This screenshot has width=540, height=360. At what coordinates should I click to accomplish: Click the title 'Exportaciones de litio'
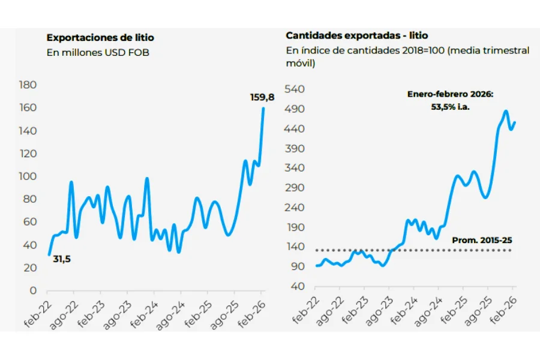click(100, 38)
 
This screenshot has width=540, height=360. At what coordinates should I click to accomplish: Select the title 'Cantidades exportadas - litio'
click(356, 36)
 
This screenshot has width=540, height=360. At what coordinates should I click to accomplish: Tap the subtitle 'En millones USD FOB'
click(98, 52)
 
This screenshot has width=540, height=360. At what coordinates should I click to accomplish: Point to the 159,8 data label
click(262, 97)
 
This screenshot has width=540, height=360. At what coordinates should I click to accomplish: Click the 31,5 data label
click(61, 259)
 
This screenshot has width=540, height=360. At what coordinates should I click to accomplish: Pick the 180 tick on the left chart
click(28, 85)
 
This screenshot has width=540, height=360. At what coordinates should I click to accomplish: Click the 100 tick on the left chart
click(28, 176)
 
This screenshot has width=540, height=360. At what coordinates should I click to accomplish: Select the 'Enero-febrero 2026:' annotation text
click(449, 94)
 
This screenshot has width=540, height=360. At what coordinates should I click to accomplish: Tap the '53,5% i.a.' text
click(449, 106)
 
